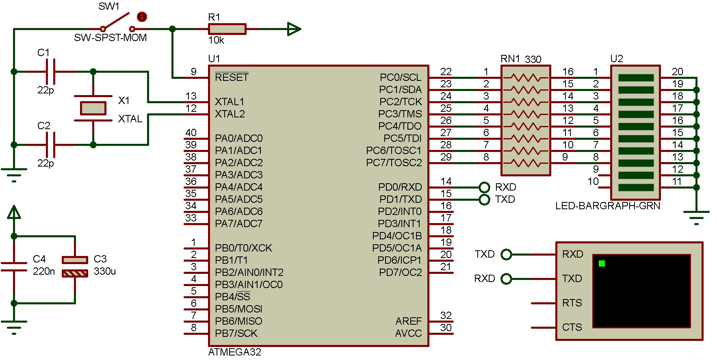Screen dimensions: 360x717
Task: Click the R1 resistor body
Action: pyautogui.click(x=227, y=29)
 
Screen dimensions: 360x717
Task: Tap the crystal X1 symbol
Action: pyautogui.click(x=93, y=108)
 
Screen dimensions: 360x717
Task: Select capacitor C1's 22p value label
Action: pyautogui.click(x=45, y=90)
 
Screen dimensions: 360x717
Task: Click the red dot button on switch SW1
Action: pyautogui.click(x=142, y=17)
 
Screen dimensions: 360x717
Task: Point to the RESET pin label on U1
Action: pyautogui.click(x=232, y=77)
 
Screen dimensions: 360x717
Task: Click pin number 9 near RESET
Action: pyautogui.click(x=193, y=72)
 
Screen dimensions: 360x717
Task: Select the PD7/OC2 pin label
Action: pyautogui.click(x=400, y=272)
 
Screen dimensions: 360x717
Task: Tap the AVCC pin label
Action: pyautogui.click(x=408, y=333)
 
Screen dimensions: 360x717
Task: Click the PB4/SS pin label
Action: pyautogui.click(x=232, y=297)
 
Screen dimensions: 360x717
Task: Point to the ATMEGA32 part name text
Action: pyautogui.click(x=234, y=352)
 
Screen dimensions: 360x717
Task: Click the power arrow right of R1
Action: pyautogui.click(x=294, y=29)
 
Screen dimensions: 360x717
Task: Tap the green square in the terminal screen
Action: pyautogui.click(x=602, y=263)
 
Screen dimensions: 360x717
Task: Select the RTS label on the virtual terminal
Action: pyautogui.click(x=572, y=303)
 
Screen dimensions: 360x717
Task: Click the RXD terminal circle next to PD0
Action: pyautogui.click(x=484, y=187)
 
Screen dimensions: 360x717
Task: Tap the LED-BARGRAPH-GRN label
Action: pyautogui.click(x=607, y=206)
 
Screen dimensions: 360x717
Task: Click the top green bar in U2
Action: pyautogui.click(x=636, y=78)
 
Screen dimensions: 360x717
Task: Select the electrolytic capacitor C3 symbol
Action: pyautogui.click(x=75, y=267)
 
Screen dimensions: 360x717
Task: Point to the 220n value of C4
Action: pyautogui.click(x=43, y=271)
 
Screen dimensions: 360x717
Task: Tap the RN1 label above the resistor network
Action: pyautogui.click(x=510, y=59)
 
